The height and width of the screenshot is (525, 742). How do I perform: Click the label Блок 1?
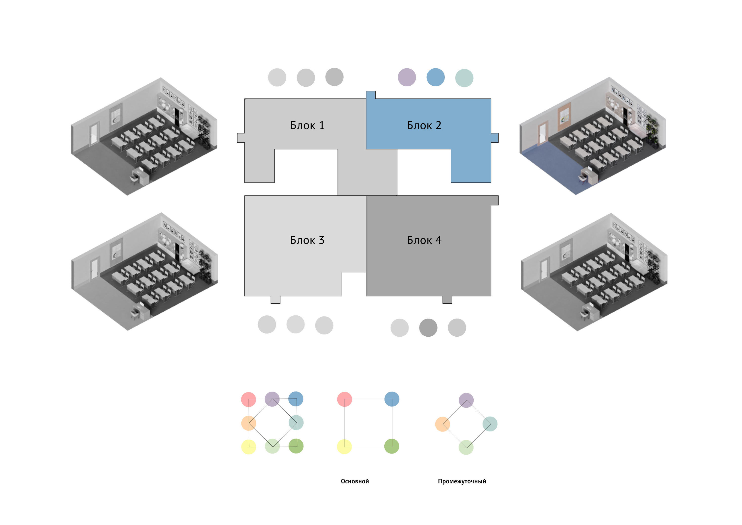pos(307,125)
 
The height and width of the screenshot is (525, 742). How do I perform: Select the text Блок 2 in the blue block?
pos(424,125)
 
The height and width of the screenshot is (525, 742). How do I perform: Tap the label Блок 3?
pos(307,240)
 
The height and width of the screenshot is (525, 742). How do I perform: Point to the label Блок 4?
pos(424,240)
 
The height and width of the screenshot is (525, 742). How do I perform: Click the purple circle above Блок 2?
pos(407,77)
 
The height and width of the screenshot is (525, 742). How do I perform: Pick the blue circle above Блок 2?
pos(435,77)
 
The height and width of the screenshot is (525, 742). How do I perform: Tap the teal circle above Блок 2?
pos(464,78)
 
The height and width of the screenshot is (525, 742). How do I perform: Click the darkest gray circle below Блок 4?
pos(428,328)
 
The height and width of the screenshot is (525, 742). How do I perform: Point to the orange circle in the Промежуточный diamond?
pos(443,424)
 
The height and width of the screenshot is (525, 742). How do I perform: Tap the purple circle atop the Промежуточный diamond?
pos(466,400)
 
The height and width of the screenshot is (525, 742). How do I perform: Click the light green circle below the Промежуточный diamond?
pos(466,447)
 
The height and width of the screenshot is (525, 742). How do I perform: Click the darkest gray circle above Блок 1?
pos(334,77)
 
